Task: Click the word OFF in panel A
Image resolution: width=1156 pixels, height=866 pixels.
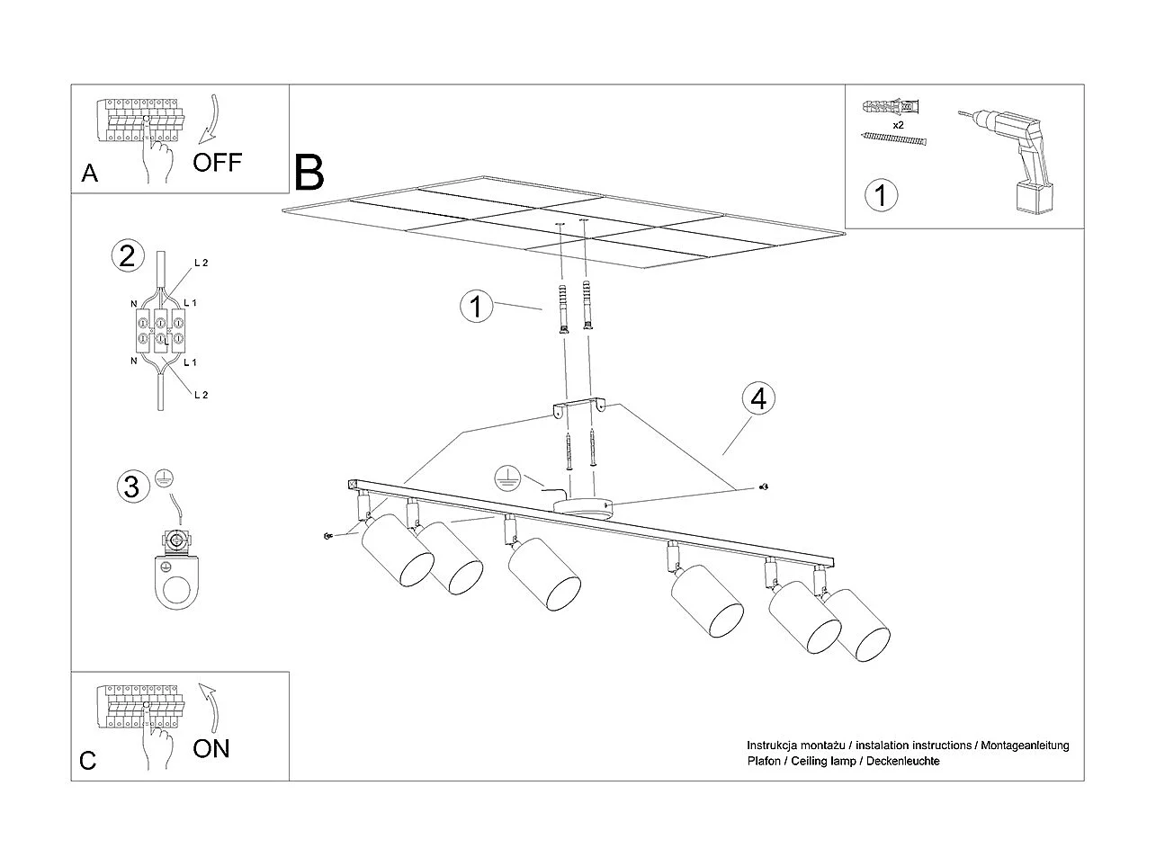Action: tap(217, 162)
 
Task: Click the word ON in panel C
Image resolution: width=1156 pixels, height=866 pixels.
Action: tap(211, 747)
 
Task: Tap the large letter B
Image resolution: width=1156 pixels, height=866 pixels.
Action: tap(309, 172)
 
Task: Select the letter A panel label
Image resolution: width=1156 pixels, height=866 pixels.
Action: tap(89, 174)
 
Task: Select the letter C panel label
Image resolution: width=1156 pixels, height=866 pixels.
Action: tap(87, 761)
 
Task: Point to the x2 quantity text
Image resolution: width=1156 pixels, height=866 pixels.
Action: tap(898, 125)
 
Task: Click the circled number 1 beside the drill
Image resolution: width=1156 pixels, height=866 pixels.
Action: tap(881, 194)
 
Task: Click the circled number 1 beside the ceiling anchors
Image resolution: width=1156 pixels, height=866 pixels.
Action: tap(476, 307)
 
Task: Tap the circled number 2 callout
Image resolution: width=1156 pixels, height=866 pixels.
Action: tap(127, 256)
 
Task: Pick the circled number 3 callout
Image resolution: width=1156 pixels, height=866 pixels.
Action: tap(131, 487)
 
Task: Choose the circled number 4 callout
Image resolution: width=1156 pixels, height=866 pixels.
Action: tap(758, 397)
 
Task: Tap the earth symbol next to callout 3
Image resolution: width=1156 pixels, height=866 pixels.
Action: tap(163, 479)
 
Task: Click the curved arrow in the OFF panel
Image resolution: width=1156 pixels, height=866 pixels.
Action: tap(210, 117)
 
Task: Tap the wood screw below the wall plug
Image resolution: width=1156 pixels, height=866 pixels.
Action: tap(893, 138)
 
